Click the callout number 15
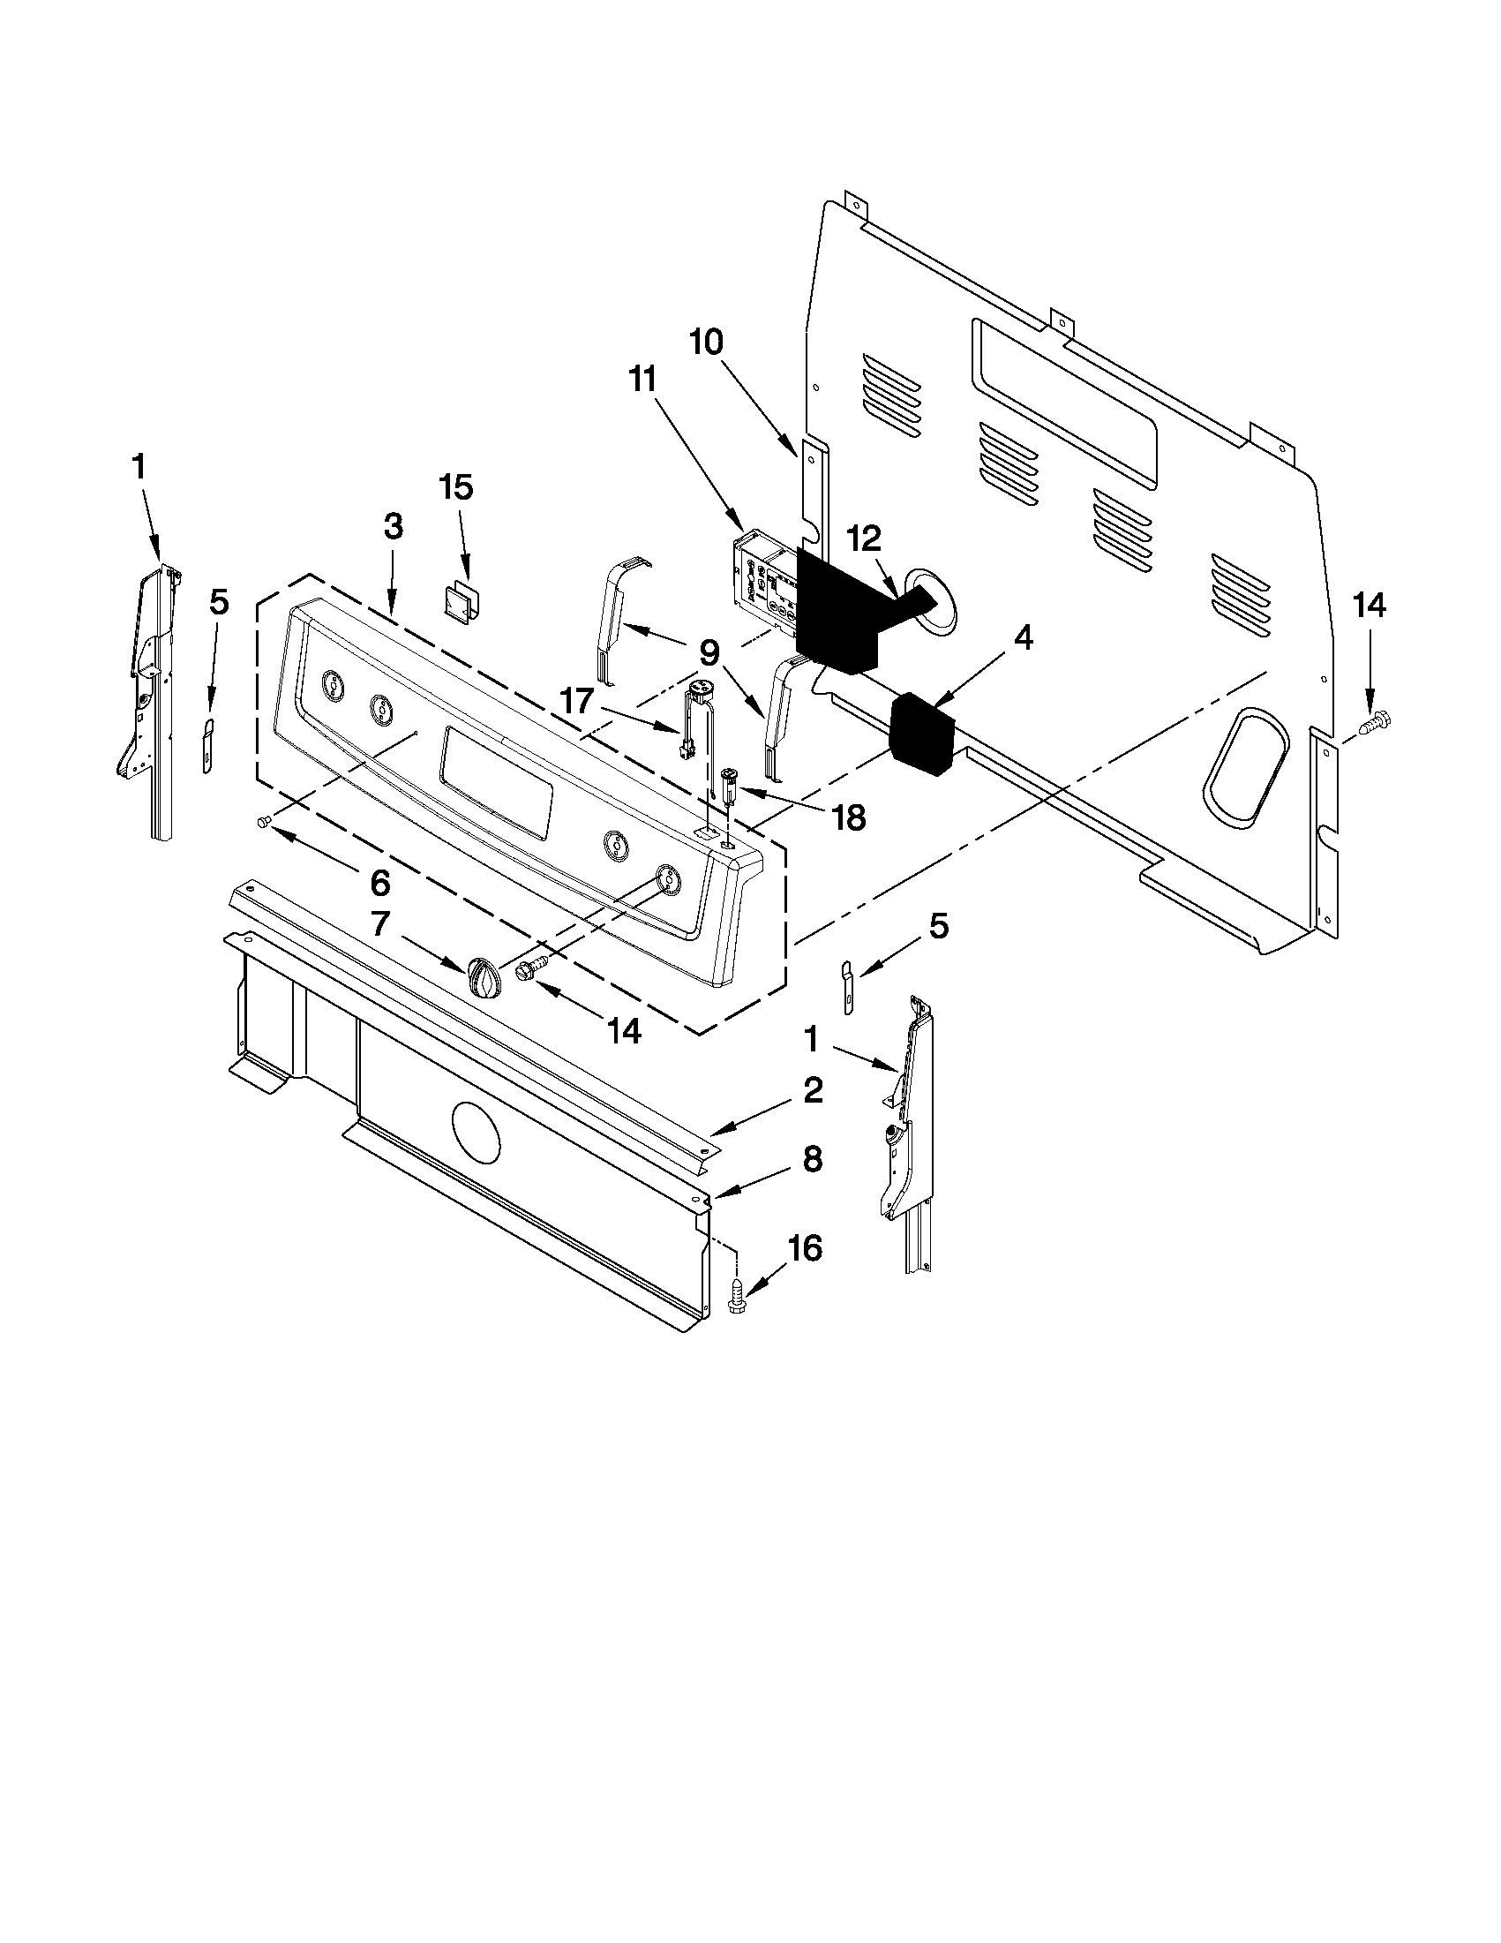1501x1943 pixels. (457, 488)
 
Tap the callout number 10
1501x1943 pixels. (707, 342)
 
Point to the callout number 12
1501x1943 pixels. (863, 538)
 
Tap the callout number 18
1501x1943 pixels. (850, 817)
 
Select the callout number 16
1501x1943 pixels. (805, 1248)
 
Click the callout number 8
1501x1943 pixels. (813, 1159)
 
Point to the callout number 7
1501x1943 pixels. (379, 924)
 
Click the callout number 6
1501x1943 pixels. (379, 883)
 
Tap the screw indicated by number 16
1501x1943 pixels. (737, 1293)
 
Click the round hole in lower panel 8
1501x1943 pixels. (477, 1132)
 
